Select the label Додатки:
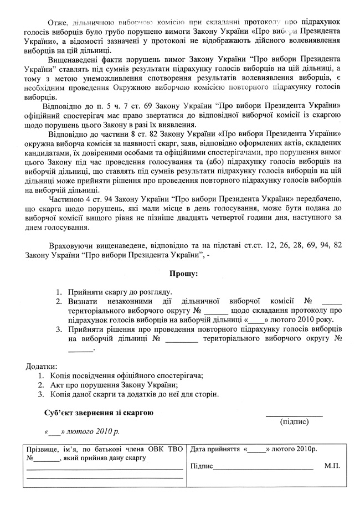point(42,367)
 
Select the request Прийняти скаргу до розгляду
point(121,292)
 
